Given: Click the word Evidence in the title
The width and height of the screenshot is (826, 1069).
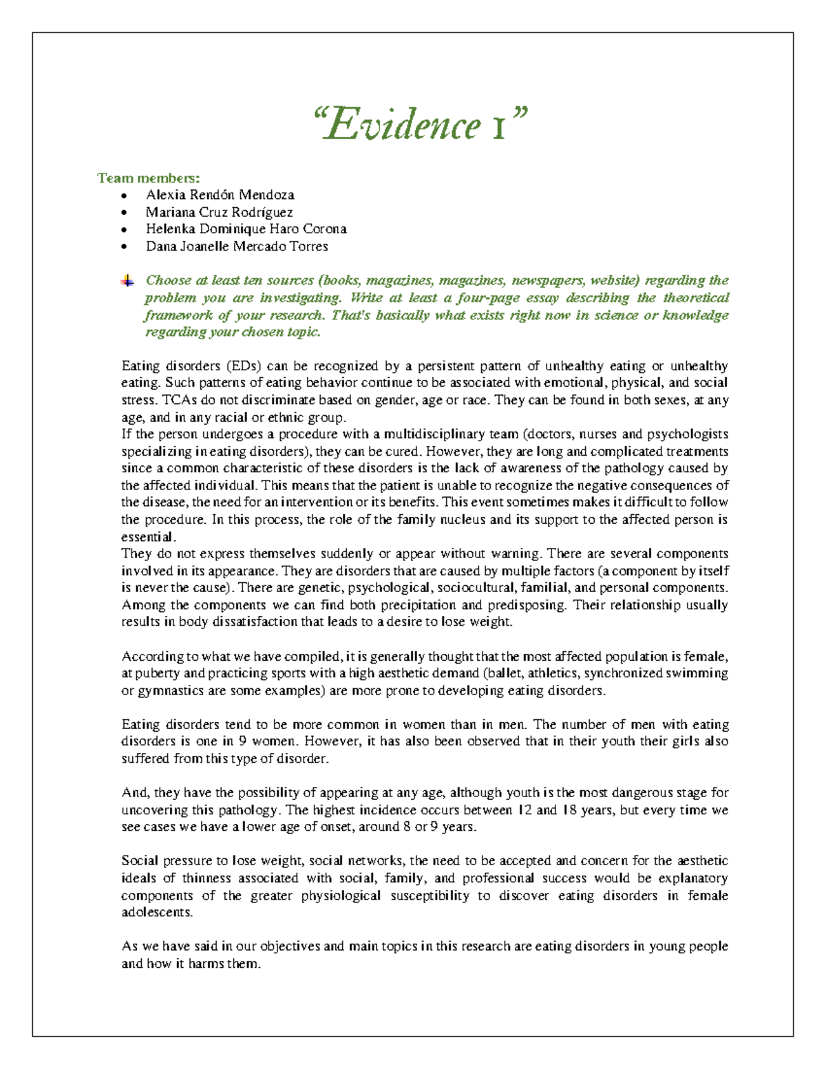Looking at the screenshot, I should [403, 125].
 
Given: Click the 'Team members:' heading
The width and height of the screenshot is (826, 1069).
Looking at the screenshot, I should [149, 178].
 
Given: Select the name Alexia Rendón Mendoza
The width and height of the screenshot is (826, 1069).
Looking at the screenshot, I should [220, 195].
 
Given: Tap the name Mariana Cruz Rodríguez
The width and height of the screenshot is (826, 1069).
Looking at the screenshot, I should [219, 212].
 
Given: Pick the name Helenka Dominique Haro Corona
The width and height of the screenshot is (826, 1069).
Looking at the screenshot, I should [246, 229].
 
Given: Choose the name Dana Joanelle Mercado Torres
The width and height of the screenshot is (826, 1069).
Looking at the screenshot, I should [237, 246].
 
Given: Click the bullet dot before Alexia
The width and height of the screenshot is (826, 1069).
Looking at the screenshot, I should [124, 195].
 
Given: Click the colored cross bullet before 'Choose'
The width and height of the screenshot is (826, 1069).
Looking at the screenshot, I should [127, 280].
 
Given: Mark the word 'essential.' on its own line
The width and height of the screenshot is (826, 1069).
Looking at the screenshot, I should [149, 537].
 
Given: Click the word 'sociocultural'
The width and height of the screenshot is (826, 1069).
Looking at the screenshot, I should [475, 588].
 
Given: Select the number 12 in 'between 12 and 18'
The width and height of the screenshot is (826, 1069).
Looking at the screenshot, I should [525, 810].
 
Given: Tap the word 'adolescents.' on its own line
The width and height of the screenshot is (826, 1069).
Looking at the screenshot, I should [157, 913].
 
